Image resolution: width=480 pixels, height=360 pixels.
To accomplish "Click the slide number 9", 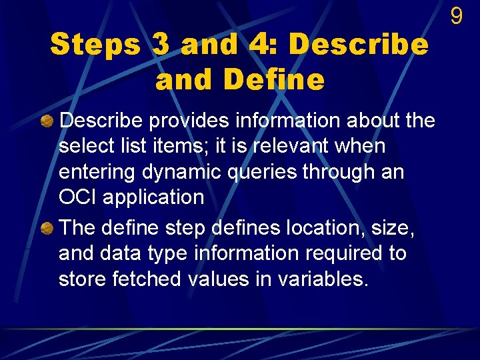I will pyautogui.click(x=456, y=16).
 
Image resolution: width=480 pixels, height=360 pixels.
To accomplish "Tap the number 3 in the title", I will pyautogui.click(x=160, y=45).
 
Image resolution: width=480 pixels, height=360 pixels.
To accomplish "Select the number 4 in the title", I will pyautogui.click(x=261, y=45).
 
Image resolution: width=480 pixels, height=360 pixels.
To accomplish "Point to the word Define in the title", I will pyautogui.click(x=274, y=80).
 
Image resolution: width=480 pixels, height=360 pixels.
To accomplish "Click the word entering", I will pyautogui.click(x=97, y=172).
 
